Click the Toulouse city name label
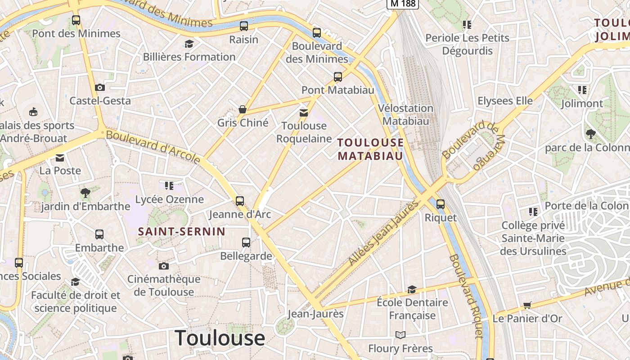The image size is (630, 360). [220, 338]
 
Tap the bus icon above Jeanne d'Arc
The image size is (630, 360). [240, 201]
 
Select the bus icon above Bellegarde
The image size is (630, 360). [246, 243]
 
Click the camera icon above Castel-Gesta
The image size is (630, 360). [100, 87]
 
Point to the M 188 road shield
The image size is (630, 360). [403, 4]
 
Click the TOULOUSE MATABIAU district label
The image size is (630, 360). [370, 149]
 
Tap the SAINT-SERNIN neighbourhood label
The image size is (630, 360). [181, 232]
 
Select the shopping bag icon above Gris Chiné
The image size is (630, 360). [243, 109]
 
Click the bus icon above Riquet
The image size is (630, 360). [441, 204]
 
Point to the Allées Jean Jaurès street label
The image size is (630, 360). [384, 233]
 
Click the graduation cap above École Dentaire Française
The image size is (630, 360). [412, 289]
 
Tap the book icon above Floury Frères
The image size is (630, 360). [400, 335]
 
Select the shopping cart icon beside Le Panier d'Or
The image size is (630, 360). [527, 306]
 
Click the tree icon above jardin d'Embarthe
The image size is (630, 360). [85, 193]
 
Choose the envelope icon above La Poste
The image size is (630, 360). [60, 157]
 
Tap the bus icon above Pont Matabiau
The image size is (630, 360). [338, 77]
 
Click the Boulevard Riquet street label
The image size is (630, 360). [466, 296]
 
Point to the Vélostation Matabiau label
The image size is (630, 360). [405, 114]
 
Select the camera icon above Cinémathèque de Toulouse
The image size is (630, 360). [163, 266]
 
